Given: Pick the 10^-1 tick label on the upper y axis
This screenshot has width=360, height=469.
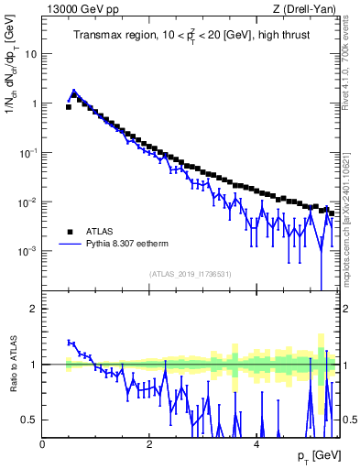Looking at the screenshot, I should coord(27,152).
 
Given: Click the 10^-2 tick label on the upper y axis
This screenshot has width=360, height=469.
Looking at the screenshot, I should coord(27,202).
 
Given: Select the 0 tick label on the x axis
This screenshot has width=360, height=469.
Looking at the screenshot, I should coord(43,444).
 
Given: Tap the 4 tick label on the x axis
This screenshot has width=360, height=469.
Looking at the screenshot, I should coord(256,444).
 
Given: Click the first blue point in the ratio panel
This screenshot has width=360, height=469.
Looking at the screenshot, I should coord(70,342).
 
